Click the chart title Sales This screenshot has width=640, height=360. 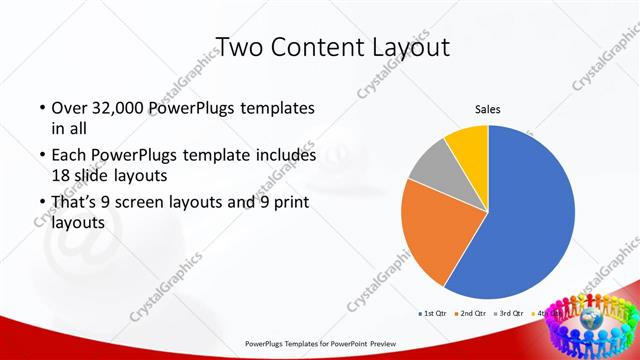pyautogui.click(x=487, y=109)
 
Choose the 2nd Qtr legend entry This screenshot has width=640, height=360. pyautogui.click(x=469, y=314)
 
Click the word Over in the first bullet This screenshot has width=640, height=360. pyautogui.click(x=69, y=108)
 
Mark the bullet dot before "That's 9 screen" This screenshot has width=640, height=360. pyautogui.click(x=41, y=203)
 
